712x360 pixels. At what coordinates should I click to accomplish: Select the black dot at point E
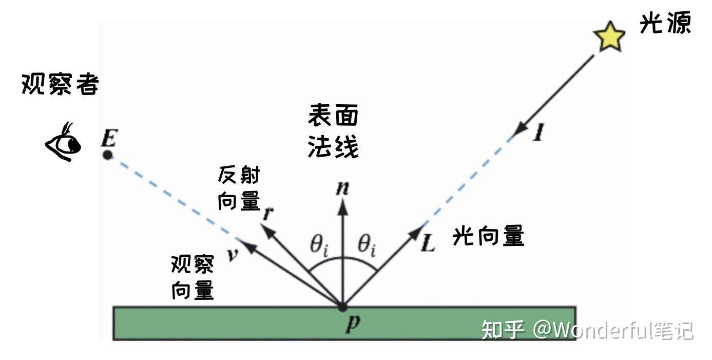(x=107, y=155)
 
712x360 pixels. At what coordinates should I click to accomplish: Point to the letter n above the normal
(x=342, y=188)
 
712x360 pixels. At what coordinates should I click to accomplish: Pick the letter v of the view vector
(x=233, y=254)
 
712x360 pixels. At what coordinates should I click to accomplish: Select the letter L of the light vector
(x=428, y=243)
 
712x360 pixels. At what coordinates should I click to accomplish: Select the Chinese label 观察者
(x=60, y=84)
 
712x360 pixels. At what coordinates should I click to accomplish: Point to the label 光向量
(x=488, y=236)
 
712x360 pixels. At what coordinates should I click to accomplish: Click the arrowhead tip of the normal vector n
(x=342, y=201)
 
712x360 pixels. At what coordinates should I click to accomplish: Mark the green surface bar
(x=205, y=323)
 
